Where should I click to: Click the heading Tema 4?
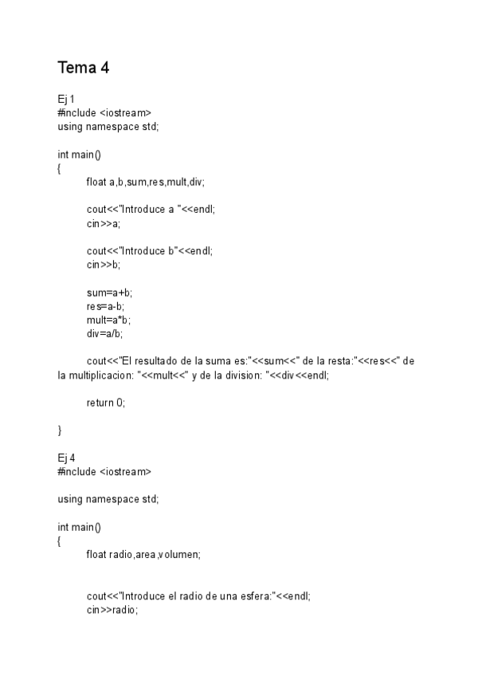coord(83,69)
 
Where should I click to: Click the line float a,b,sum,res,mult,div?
coord(145,182)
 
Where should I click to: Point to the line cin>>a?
coord(104,223)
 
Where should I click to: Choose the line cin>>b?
coord(104,265)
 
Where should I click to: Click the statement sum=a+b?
coord(109,293)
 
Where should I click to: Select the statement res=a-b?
coord(105,306)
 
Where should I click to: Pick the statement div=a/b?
coord(104,333)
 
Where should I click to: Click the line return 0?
coord(106,403)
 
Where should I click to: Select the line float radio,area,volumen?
coord(143,555)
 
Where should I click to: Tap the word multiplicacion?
coord(100,375)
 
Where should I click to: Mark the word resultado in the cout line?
coord(164,361)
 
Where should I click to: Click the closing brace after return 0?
coord(60,430)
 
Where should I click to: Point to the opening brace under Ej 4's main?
coord(60,540)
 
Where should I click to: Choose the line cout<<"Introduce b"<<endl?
coord(150,251)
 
